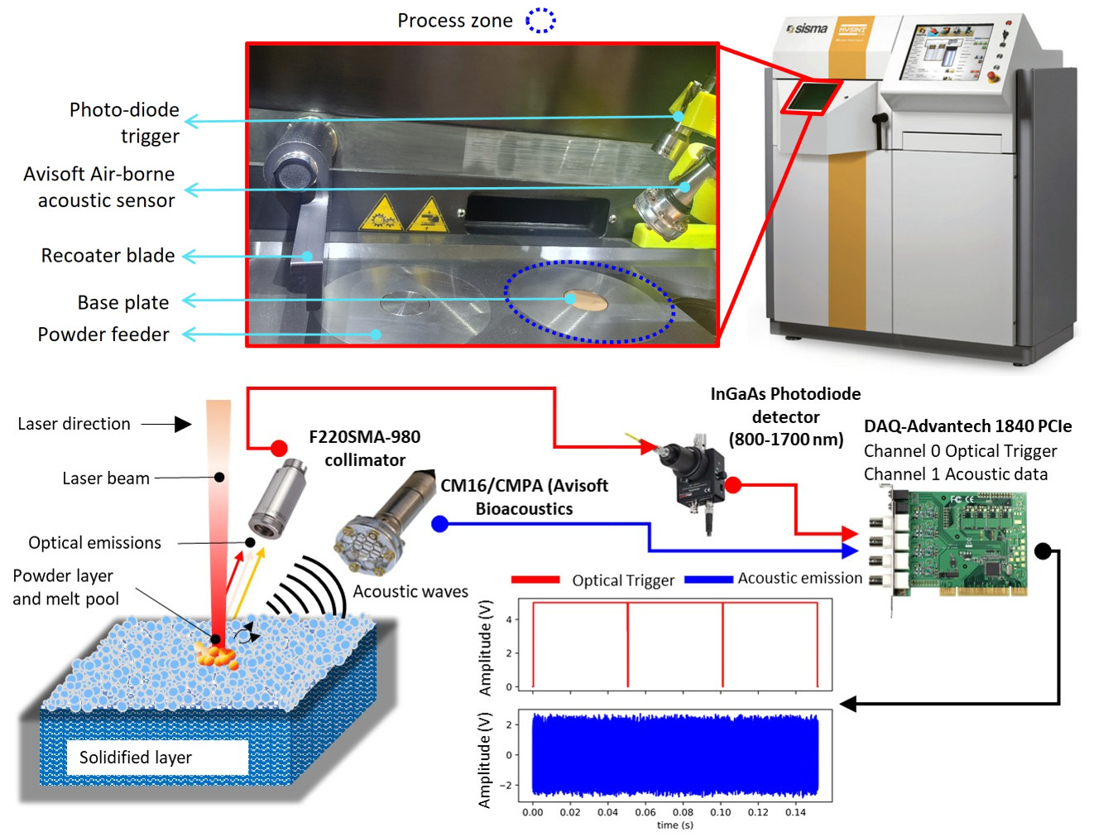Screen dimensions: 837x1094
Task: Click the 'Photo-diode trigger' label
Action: pyautogui.click(x=124, y=123)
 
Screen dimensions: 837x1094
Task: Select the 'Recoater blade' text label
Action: pyautogui.click(x=108, y=256)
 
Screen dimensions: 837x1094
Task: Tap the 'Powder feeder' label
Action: pyautogui.click(x=103, y=334)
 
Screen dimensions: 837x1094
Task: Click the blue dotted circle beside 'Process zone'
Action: pyautogui.click(x=540, y=20)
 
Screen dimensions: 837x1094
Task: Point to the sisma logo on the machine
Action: pyautogui.click(x=807, y=29)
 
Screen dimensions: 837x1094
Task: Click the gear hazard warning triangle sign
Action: pyautogui.click(x=381, y=214)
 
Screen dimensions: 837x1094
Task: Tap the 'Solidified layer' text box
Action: pyautogui.click(x=136, y=758)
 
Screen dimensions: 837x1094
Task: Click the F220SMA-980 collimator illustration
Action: pyautogui.click(x=276, y=502)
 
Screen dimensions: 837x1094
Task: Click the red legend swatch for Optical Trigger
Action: pyautogui.click(x=535, y=580)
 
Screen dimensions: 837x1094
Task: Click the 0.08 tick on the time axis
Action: pyautogui.click(x=683, y=812)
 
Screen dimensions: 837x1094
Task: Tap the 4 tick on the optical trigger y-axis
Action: pyautogui.click(x=509, y=619)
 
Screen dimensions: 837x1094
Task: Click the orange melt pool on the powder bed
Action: pyautogui.click(x=217, y=655)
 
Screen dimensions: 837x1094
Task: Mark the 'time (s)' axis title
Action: pyautogui.click(x=674, y=825)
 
